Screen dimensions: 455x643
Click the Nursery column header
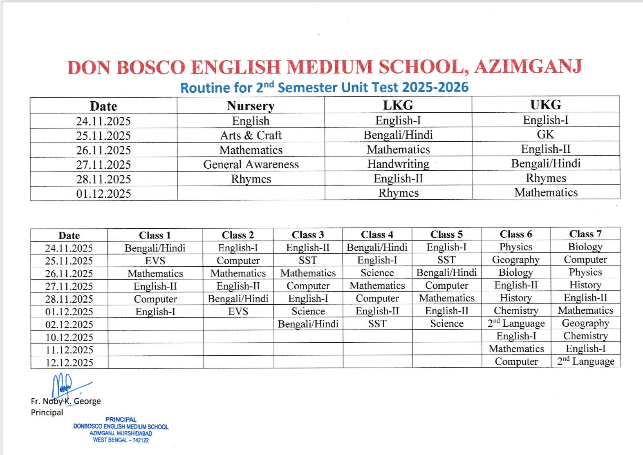[x=251, y=106]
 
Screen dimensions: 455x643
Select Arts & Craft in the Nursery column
[x=251, y=135]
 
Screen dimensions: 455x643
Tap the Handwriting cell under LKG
[x=398, y=164]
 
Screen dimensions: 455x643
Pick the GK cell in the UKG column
[x=545, y=134]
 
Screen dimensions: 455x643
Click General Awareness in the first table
[x=251, y=164]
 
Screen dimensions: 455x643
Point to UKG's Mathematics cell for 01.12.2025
[x=546, y=192]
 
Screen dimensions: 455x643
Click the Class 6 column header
[x=515, y=234]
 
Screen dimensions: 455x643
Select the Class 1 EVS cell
[x=155, y=261]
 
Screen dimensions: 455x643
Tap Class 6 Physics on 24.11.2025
[x=515, y=247]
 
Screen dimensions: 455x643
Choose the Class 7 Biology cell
[x=585, y=247]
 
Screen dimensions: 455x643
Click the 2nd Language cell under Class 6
[x=516, y=323]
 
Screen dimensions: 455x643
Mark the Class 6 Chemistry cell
[x=516, y=310]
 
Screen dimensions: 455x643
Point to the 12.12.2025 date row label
[x=69, y=362]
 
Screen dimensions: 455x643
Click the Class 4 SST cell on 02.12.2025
[x=377, y=323]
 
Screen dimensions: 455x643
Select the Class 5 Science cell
[x=446, y=323]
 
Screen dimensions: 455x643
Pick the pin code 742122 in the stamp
[x=141, y=440]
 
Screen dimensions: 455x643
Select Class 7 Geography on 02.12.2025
[x=585, y=323]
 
